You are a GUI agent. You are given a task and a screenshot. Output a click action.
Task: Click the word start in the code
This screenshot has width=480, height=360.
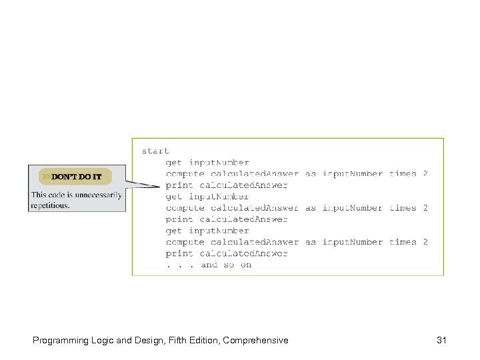point(155,151)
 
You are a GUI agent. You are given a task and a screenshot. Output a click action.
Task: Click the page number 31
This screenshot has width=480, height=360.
point(441,341)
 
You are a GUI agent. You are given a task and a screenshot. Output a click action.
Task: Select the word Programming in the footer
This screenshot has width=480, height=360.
point(57,341)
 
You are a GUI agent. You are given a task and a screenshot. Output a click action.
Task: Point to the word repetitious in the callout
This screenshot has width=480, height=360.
point(50,205)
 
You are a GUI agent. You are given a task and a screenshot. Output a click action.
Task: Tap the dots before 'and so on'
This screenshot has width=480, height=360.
point(180,265)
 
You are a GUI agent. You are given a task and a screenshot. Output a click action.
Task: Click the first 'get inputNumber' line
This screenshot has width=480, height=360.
point(207,163)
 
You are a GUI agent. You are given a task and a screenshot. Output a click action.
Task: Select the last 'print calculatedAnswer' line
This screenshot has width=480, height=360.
point(227,253)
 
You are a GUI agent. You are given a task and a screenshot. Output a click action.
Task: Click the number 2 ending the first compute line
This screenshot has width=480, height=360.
point(425,174)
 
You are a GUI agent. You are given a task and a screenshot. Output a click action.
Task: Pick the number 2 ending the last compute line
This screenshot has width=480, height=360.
point(425,242)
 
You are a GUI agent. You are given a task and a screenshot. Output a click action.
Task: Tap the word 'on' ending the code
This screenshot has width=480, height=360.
point(246,265)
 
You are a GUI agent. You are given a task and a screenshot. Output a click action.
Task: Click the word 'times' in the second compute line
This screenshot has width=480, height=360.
point(403,208)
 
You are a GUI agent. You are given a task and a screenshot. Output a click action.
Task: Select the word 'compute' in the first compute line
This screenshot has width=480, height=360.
point(186,174)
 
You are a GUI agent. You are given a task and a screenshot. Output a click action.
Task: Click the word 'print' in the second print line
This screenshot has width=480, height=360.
point(179,219)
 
